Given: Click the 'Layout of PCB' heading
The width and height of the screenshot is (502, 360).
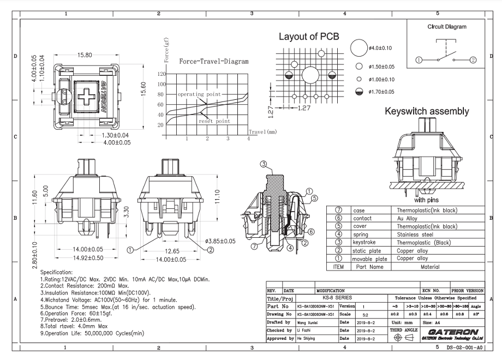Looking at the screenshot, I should click(x=309, y=37).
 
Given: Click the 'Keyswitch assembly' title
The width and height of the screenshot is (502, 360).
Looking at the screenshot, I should click(x=427, y=111).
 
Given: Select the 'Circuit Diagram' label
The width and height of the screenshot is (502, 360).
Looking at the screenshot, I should click(x=446, y=26).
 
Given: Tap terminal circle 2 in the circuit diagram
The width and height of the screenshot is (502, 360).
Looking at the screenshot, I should click(x=473, y=59).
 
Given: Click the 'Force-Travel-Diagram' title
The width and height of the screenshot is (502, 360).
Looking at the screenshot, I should click(x=213, y=62).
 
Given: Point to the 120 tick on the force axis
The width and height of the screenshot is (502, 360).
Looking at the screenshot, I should click(x=161, y=74).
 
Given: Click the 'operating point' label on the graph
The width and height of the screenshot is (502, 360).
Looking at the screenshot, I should click(x=199, y=94).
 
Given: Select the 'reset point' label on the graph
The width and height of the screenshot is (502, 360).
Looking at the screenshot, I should click(x=214, y=121).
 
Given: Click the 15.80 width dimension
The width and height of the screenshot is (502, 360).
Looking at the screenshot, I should click(x=85, y=55).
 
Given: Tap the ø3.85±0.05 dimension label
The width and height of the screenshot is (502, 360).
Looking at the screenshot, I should click(x=220, y=241).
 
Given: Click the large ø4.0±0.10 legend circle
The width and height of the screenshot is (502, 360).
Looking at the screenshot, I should click(x=358, y=48).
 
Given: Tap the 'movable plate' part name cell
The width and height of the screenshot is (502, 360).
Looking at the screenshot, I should click(x=369, y=259).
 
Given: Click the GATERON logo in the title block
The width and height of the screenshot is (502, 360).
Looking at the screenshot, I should click(x=453, y=332).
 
